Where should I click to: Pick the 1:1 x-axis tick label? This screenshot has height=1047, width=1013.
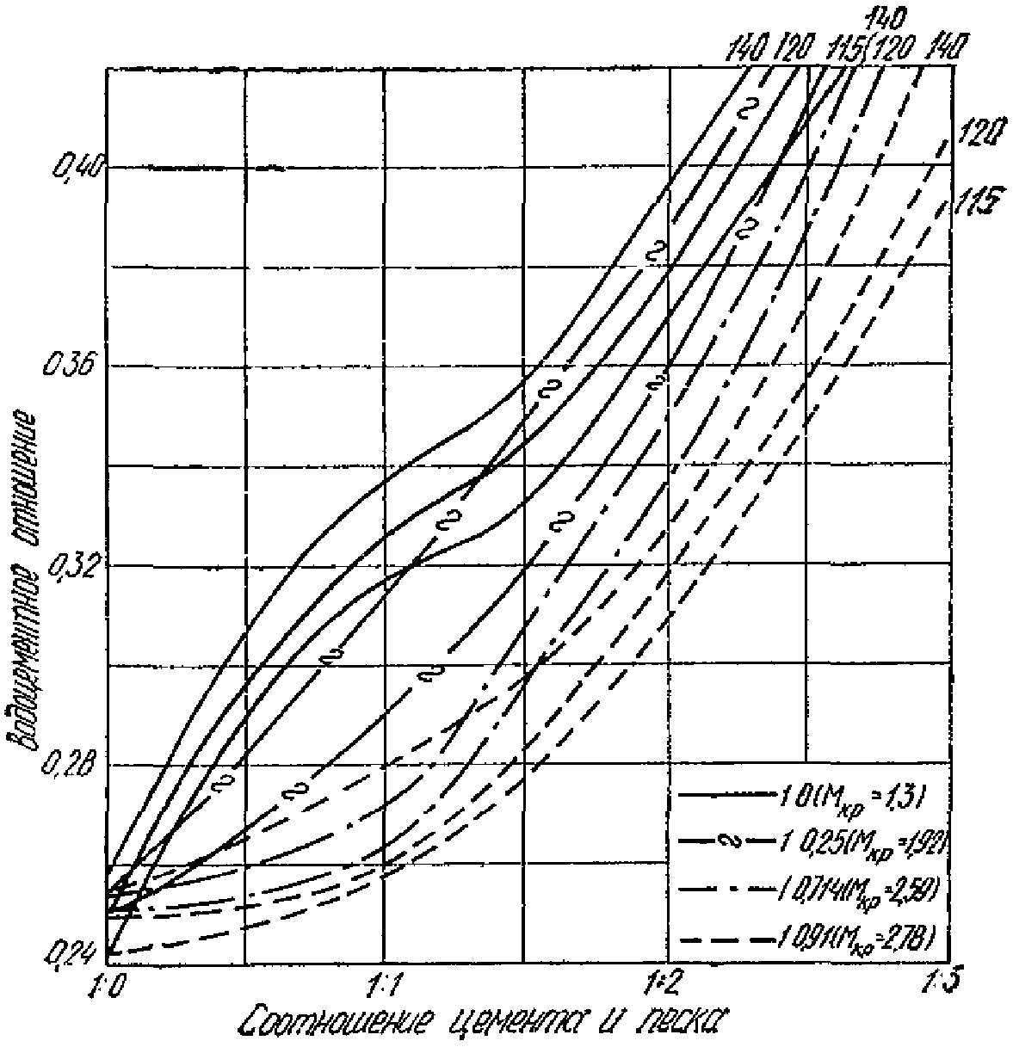coord(384,984)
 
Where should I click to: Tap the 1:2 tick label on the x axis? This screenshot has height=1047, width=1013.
coord(664,982)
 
